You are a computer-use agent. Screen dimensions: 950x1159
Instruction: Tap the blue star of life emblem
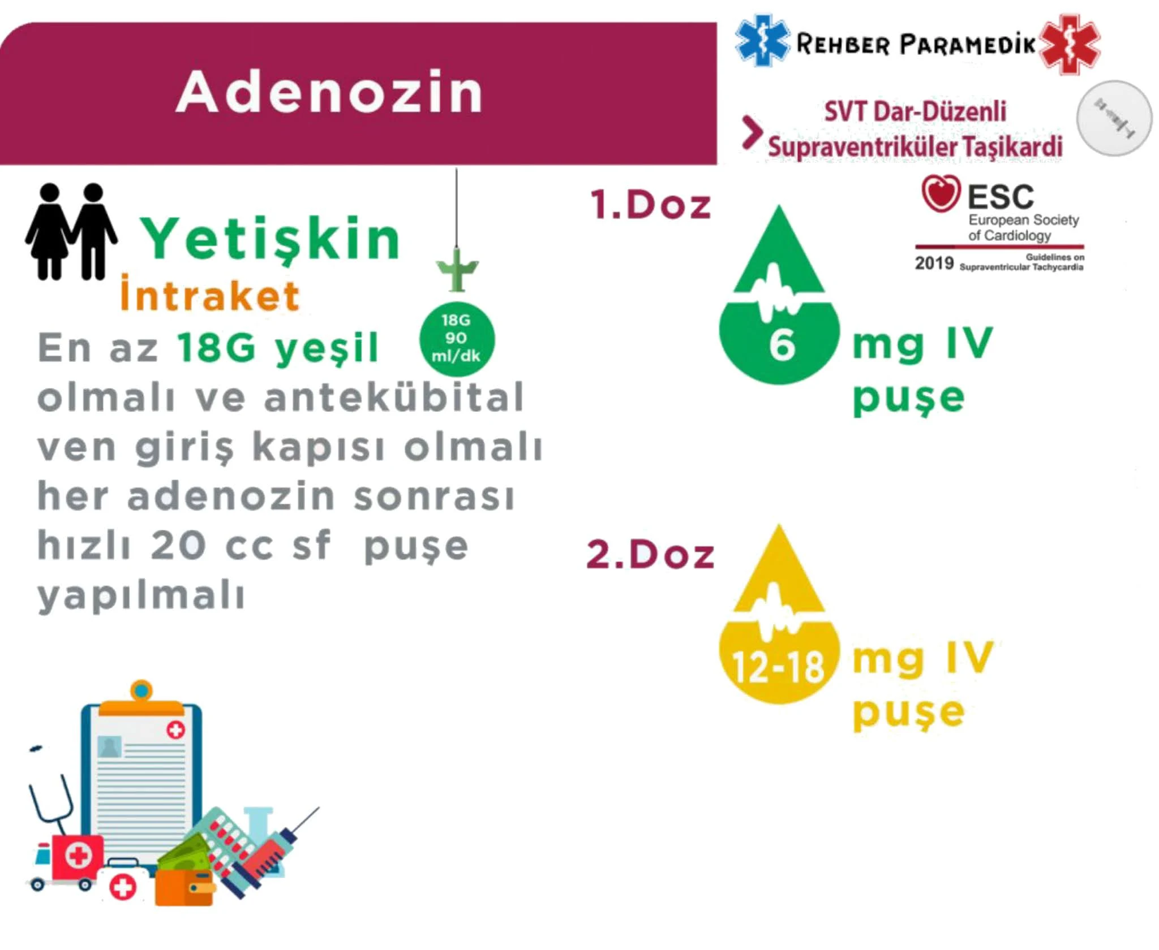click(x=761, y=41)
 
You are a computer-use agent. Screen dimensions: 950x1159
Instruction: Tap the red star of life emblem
click(x=1070, y=44)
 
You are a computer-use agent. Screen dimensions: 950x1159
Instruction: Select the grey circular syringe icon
click(x=1114, y=118)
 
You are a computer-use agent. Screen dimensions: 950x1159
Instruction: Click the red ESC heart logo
click(x=941, y=193)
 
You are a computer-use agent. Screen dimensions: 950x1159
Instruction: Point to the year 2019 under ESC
click(x=934, y=263)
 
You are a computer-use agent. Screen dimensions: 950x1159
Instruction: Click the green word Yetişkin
click(x=271, y=239)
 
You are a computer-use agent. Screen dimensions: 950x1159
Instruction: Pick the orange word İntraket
click(x=210, y=295)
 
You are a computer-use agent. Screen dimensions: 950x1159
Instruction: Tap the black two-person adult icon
click(x=71, y=231)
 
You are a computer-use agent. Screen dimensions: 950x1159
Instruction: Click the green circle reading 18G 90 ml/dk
click(x=457, y=339)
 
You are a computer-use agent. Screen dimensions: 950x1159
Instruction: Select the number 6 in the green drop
click(x=782, y=344)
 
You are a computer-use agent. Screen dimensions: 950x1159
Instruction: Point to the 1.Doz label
click(x=651, y=204)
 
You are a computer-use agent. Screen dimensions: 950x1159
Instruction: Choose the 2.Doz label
click(x=650, y=554)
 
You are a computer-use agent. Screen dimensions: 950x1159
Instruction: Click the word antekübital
click(x=394, y=397)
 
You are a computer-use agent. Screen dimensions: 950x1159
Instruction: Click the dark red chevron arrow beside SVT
click(x=752, y=133)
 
